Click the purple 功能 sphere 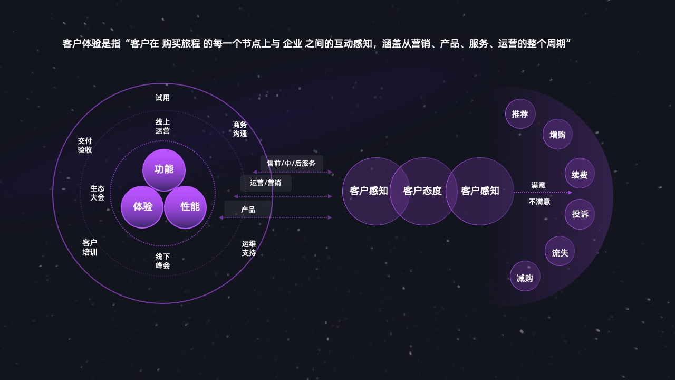pos(164,170)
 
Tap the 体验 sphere pos(142,207)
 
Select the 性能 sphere pos(185,207)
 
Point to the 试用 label pos(162,98)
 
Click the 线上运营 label pos(163,126)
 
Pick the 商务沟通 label pos(240,129)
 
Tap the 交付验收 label pos(85,145)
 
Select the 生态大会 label pos(98,193)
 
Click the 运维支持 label pos(249,248)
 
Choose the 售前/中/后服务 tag pos(292,163)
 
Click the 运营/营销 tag pos(266,183)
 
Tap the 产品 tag pos(248,209)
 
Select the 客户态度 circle pos(423,191)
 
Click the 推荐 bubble pos(520,114)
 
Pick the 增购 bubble pos(557,134)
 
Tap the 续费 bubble pos(580,174)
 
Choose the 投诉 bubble pos(580,214)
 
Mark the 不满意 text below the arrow pos(539,202)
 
